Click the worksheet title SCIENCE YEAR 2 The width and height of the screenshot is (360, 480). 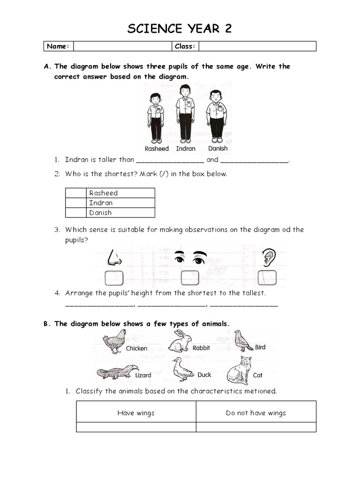coord(180,29)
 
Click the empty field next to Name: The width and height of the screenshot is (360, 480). coord(123,46)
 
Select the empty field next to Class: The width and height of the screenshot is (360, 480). coord(257,46)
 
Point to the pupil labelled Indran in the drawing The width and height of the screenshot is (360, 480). coord(185,113)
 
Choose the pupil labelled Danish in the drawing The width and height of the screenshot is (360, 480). coord(216,115)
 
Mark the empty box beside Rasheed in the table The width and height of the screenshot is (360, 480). coord(76,193)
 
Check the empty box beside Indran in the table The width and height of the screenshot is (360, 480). coord(76,202)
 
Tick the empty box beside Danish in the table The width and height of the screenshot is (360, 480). coord(76,212)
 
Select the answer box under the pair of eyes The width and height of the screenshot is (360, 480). coord(190,277)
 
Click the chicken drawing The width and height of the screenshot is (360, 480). coord(114,341)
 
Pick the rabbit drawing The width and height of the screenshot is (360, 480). coord(179,341)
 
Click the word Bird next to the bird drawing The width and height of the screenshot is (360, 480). coord(260,347)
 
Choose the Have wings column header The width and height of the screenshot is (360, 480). coord(136,413)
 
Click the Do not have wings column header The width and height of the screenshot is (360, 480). coord(255,413)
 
